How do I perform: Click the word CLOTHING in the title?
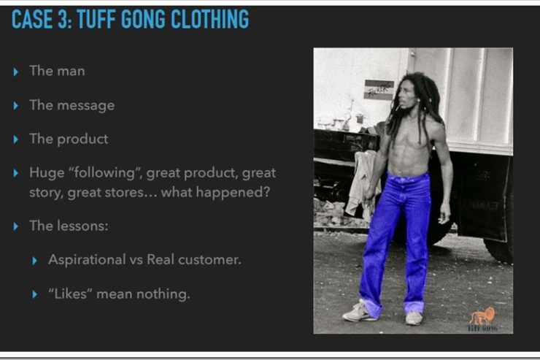tap(209, 19)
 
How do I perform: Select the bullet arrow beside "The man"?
tap(15, 72)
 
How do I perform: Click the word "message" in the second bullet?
tap(86, 105)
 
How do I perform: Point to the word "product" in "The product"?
tap(82, 139)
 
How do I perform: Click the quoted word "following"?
tap(106, 172)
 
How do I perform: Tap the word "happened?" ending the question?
tap(233, 192)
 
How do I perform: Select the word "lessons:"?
tap(82, 226)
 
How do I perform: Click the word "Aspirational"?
tap(87, 260)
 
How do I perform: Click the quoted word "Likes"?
tap(71, 294)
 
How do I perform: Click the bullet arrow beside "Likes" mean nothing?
tap(34, 294)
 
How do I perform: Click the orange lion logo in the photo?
tap(482, 315)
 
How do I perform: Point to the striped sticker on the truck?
tap(379, 89)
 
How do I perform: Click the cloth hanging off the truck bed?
tap(362, 183)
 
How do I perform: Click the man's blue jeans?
tap(396, 241)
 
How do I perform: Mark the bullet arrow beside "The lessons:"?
tap(15, 226)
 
